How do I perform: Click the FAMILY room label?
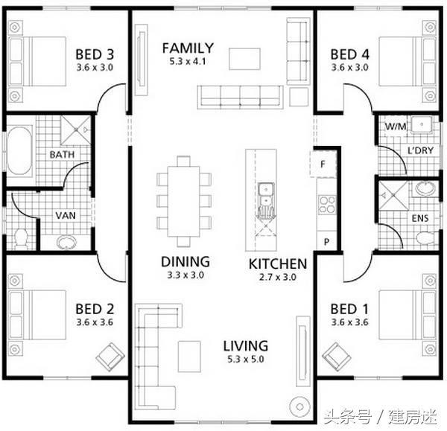[x=188, y=48]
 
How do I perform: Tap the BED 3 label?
[x=95, y=54]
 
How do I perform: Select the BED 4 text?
[x=349, y=54]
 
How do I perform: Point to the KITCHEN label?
[x=277, y=264]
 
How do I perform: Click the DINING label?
[x=185, y=262]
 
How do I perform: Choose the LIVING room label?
[x=245, y=346]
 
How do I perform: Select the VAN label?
[x=64, y=217]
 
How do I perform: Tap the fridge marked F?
[x=323, y=164]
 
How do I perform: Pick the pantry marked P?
[x=326, y=242]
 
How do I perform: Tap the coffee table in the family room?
[x=244, y=58]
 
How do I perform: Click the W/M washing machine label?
[x=393, y=127]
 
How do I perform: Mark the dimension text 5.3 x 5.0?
[x=245, y=360]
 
